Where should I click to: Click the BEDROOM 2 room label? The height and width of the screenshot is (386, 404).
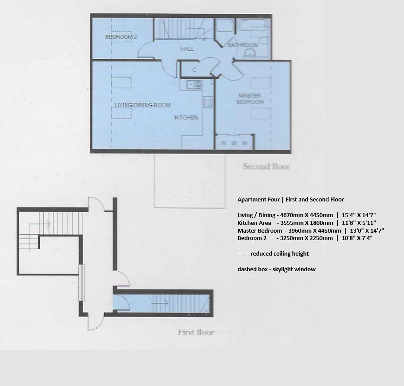(x=121, y=37)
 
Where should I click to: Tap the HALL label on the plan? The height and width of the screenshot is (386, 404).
(x=187, y=49)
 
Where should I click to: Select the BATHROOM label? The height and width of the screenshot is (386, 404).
(x=243, y=45)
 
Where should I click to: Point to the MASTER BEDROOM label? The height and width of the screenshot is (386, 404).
(x=250, y=99)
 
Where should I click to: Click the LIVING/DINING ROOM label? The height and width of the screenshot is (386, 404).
(x=143, y=105)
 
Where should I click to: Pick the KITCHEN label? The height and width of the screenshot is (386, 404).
(x=186, y=117)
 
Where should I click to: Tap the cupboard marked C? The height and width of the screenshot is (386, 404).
(x=194, y=70)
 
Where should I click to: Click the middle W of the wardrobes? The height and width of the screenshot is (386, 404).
(x=234, y=143)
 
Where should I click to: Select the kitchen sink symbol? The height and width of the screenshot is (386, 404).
(x=194, y=84)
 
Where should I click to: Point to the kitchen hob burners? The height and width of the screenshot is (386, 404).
(x=208, y=103)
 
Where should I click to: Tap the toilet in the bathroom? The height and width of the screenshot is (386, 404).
(x=250, y=53)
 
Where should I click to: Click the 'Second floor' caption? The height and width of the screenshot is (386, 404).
(x=266, y=166)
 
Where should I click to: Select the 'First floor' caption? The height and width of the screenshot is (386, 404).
(x=196, y=332)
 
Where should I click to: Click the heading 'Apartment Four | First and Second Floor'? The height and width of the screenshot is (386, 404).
(x=290, y=200)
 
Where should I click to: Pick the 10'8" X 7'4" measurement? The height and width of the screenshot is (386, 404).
(x=357, y=238)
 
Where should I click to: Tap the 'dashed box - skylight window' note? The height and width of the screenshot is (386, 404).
(x=276, y=269)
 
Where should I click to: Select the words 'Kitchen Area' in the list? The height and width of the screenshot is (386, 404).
(x=254, y=223)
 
